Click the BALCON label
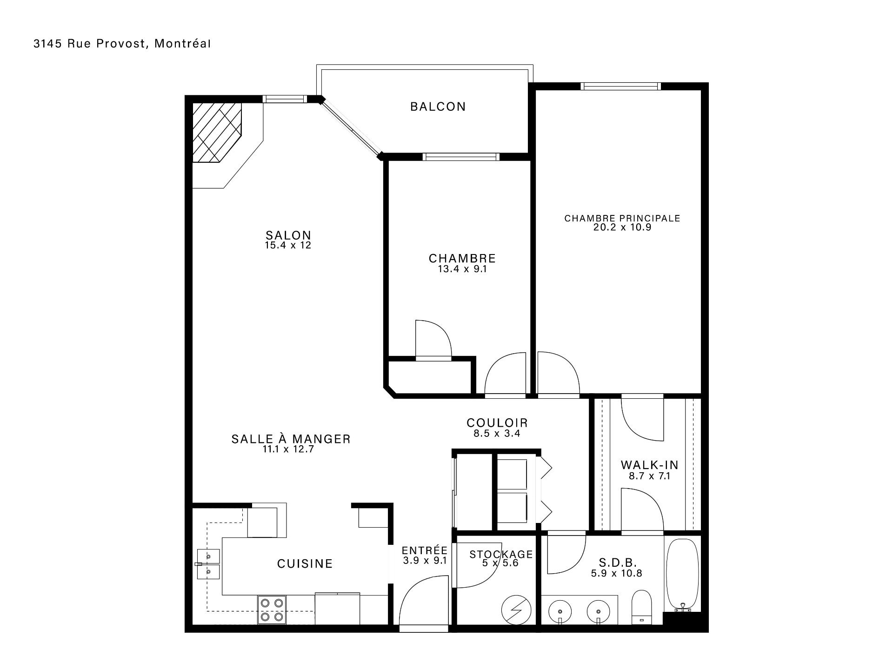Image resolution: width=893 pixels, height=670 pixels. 438,107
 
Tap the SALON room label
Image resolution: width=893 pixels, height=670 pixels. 288,235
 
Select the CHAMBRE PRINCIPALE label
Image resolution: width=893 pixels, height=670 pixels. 622,218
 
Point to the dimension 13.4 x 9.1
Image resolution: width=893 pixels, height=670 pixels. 462,269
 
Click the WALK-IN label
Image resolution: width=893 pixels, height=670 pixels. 649,465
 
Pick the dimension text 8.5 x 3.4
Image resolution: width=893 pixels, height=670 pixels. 497,434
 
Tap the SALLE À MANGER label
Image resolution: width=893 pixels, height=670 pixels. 291,439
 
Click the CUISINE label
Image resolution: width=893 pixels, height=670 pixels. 305,564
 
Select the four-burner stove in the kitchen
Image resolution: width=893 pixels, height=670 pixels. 272,610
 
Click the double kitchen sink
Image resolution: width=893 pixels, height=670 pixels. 208,563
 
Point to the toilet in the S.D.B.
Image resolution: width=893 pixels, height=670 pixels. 642,607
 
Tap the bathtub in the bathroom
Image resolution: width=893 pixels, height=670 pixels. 682,576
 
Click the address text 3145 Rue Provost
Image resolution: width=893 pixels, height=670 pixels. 90,44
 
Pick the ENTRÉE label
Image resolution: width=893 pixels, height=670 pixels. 425,550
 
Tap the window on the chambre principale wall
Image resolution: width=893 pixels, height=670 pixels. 621,86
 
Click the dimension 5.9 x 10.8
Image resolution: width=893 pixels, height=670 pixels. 617,573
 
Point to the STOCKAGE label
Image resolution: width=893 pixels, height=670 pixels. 501,554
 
